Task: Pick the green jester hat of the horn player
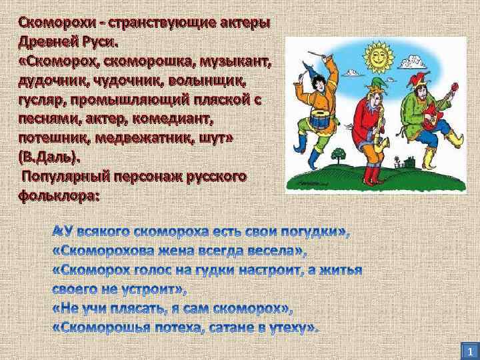(370, 87)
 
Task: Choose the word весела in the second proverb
(267, 251)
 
